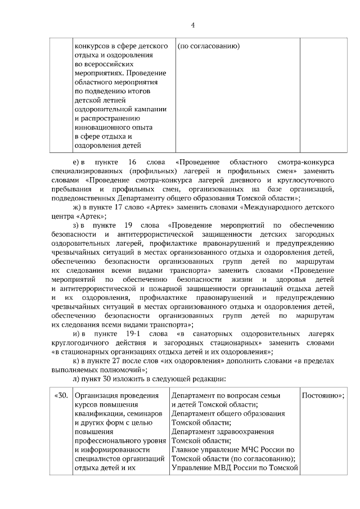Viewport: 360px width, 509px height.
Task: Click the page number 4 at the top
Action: (x=192, y=25)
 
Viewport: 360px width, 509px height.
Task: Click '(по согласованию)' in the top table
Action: (x=209, y=46)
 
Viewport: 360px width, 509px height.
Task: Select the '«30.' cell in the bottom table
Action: (x=61, y=395)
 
